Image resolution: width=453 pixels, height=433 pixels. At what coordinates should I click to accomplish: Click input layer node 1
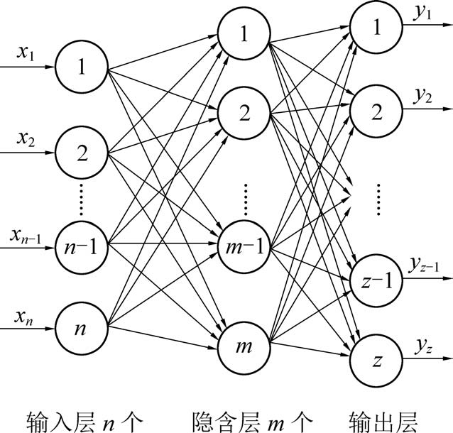click(82, 68)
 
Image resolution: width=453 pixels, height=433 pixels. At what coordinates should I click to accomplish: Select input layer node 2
click(82, 152)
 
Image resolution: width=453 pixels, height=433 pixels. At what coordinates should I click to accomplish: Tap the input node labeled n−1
click(82, 249)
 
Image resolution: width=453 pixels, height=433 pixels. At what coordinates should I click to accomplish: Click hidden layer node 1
click(244, 33)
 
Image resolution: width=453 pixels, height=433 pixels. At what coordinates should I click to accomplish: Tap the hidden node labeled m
click(244, 345)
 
